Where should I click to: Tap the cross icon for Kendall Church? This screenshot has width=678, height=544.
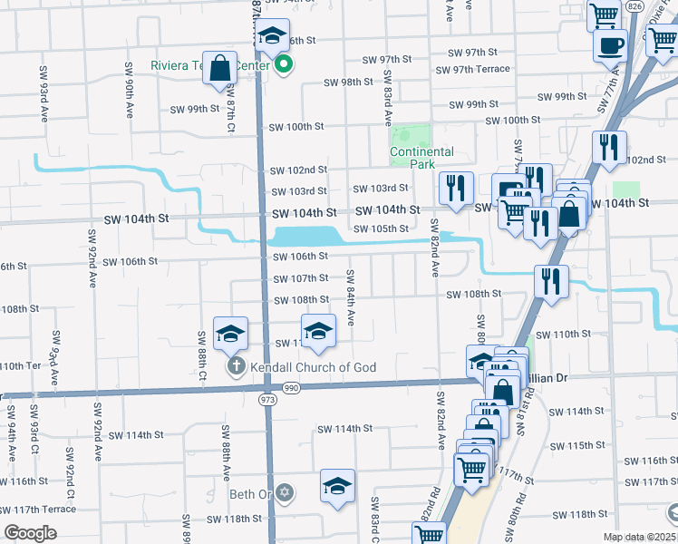click(x=235, y=367)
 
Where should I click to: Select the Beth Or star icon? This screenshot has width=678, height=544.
click(x=285, y=492)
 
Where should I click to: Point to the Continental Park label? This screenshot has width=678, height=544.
click(x=421, y=158)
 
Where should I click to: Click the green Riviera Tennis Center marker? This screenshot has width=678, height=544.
click(x=284, y=64)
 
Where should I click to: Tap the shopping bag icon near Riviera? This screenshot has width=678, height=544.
click(x=220, y=69)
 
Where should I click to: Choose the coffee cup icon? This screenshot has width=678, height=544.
click(x=610, y=44)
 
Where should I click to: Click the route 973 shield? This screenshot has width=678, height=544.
click(x=267, y=399)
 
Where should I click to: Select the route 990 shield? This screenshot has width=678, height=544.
click(x=290, y=388)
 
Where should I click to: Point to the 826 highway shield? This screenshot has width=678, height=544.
click(x=634, y=6)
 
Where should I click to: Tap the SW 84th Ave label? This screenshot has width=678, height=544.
click(x=350, y=297)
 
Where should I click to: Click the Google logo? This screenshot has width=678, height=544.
click(x=31, y=533)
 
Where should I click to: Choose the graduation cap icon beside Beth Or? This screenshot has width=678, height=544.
click(x=337, y=487)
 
